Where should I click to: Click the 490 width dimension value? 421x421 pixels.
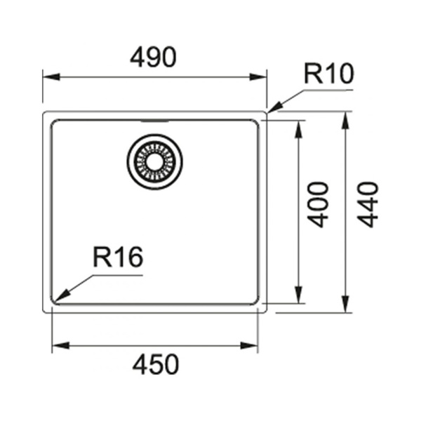coord(153,58)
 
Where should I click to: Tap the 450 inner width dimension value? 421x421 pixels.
coord(156,364)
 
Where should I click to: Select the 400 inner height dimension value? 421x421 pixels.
coord(318,205)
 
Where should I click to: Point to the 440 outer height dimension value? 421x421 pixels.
coord(368,205)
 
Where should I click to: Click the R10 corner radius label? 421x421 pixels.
coord(329,73)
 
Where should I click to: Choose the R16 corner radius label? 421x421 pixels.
coord(118,258)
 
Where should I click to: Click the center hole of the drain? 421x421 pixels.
coord(154,162)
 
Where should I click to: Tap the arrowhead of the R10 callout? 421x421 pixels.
coord(274,108)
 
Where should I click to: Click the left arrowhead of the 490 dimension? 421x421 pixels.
coord(51,76)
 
